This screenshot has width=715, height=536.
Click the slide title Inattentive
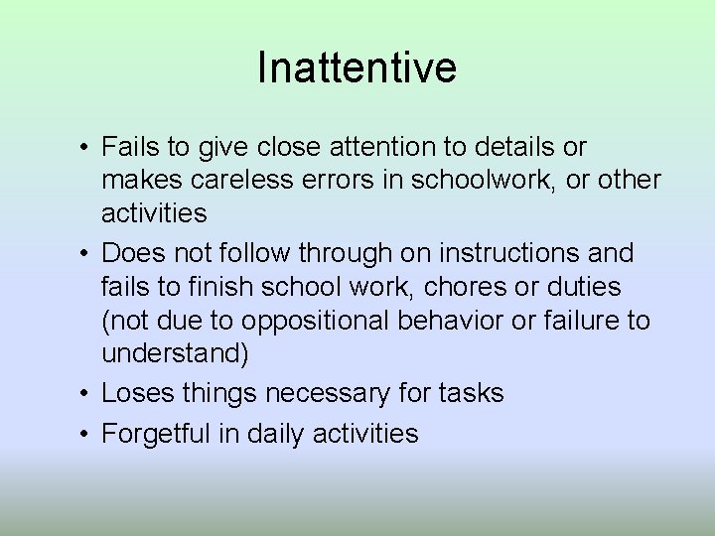coord(357,67)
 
